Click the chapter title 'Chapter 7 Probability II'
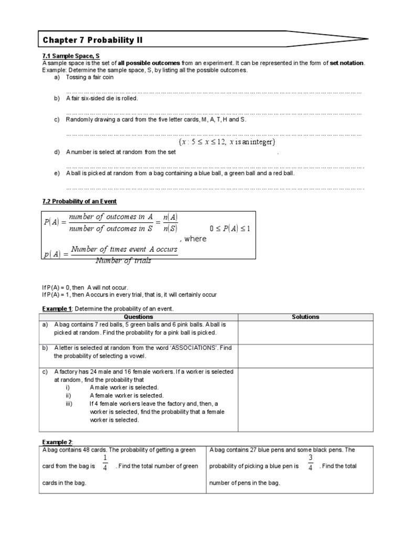pyautogui.click(x=92, y=40)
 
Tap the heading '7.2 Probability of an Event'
pyautogui.click(x=79, y=201)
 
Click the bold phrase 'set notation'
pyautogui.click(x=346, y=63)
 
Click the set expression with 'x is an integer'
pyautogui.click(x=227, y=142)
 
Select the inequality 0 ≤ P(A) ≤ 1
pyautogui.click(x=230, y=229)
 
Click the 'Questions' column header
pyautogui.click(x=139, y=317)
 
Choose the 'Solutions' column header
pyautogui.click(x=305, y=317)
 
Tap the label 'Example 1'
pyautogui.click(x=55, y=308)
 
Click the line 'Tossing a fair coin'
pyautogui.click(x=89, y=77)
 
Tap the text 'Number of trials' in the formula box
pyautogui.click(x=123, y=261)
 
